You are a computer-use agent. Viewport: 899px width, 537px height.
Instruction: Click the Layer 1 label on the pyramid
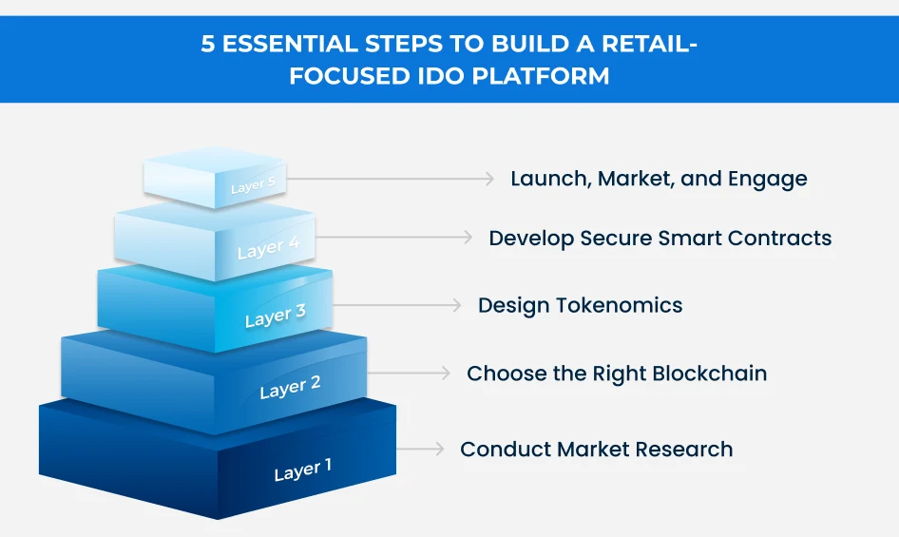click(x=303, y=470)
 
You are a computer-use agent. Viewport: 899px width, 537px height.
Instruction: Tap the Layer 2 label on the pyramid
click(x=290, y=388)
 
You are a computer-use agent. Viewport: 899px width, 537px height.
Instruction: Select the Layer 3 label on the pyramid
click(x=275, y=316)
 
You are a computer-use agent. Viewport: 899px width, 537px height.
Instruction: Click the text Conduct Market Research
click(x=596, y=450)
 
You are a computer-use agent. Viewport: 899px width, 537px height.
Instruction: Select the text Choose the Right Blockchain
click(x=616, y=374)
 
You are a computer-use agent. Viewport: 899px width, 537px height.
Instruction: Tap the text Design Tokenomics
click(x=580, y=305)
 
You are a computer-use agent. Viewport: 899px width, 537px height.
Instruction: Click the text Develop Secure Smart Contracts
click(x=660, y=239)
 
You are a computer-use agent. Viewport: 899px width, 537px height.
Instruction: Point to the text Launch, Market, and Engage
click(x=659, y=179)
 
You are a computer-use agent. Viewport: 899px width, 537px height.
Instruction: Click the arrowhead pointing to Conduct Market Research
click(x=438, y=449)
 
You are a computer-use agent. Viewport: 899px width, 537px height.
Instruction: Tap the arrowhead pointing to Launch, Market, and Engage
click(x=489, y=179)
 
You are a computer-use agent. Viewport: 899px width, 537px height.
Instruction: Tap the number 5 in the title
click(x=208, y=45)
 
